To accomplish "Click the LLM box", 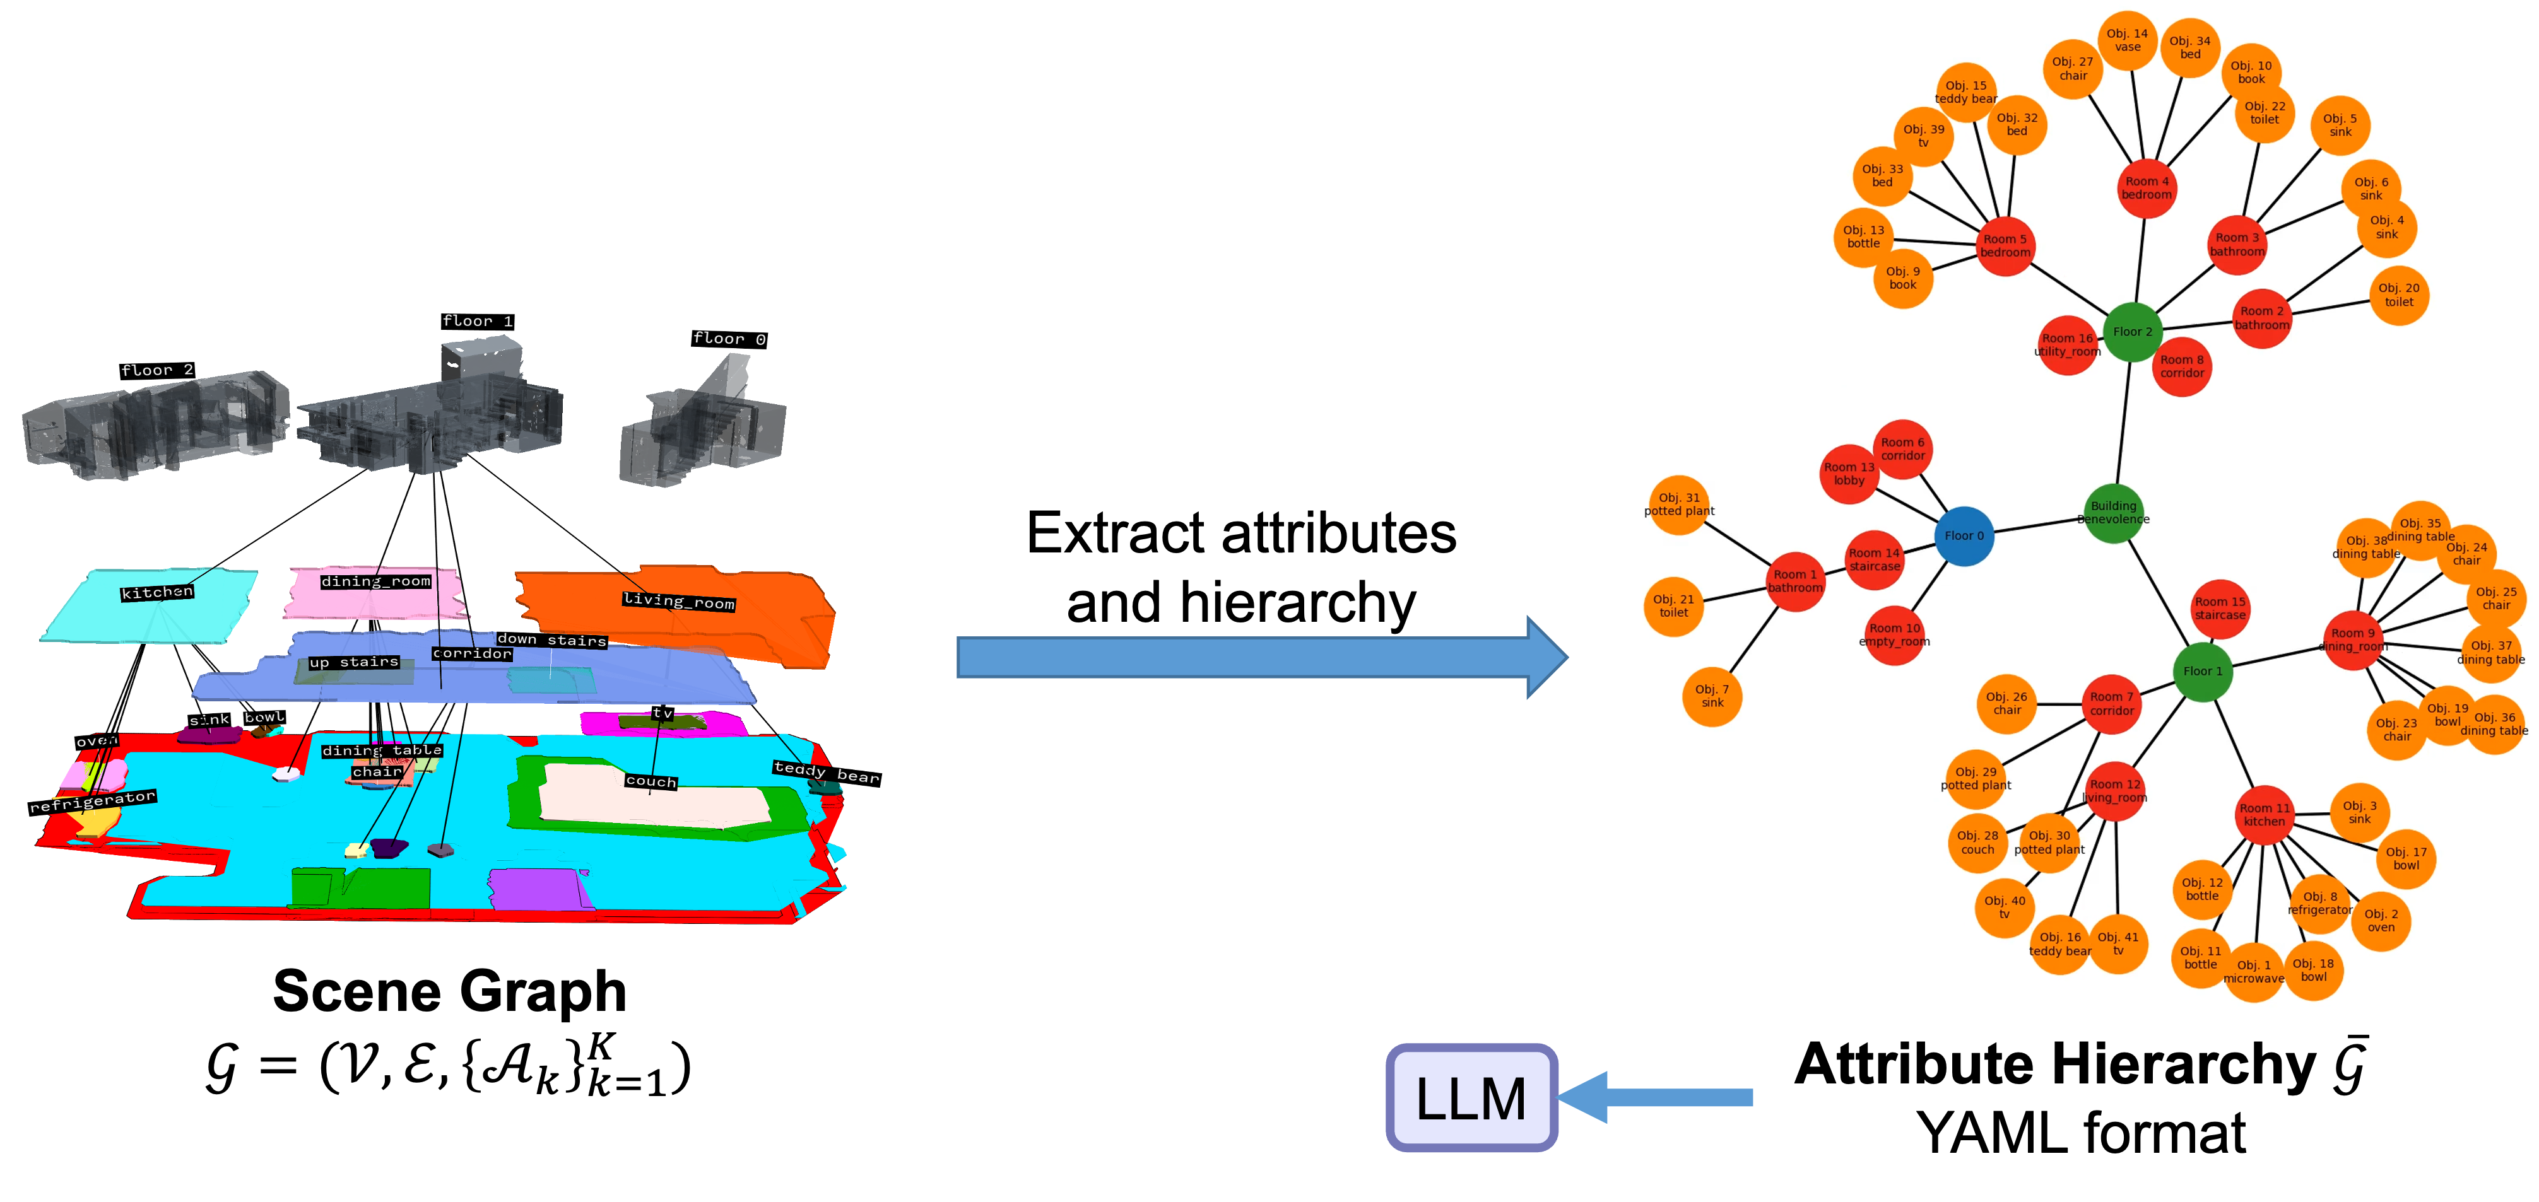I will point(1471,1097).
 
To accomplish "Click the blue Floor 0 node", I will point(1964,536).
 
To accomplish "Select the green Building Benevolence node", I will point(2113,512).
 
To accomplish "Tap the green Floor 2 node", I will point(2132,332).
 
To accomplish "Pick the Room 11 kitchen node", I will point(2264,815).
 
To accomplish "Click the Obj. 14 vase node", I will point(2127,40).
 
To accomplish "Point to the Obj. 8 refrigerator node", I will point(2319,904).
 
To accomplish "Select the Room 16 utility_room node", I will point(2067,345).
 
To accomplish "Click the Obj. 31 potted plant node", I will point(1678,505).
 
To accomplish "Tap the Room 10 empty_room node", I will point(1894,634).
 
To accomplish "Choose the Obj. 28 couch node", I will point(1977,843).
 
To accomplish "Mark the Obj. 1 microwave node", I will point(2253,971).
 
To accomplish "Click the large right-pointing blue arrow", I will point(1262,657).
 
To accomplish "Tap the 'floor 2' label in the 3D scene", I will point(158,370).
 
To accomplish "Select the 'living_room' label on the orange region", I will point(678,601).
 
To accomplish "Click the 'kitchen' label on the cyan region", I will point(158,592).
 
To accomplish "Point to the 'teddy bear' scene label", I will point(826,773).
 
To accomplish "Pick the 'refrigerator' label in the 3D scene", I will point(93,801).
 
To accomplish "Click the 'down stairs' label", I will point(551,640).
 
